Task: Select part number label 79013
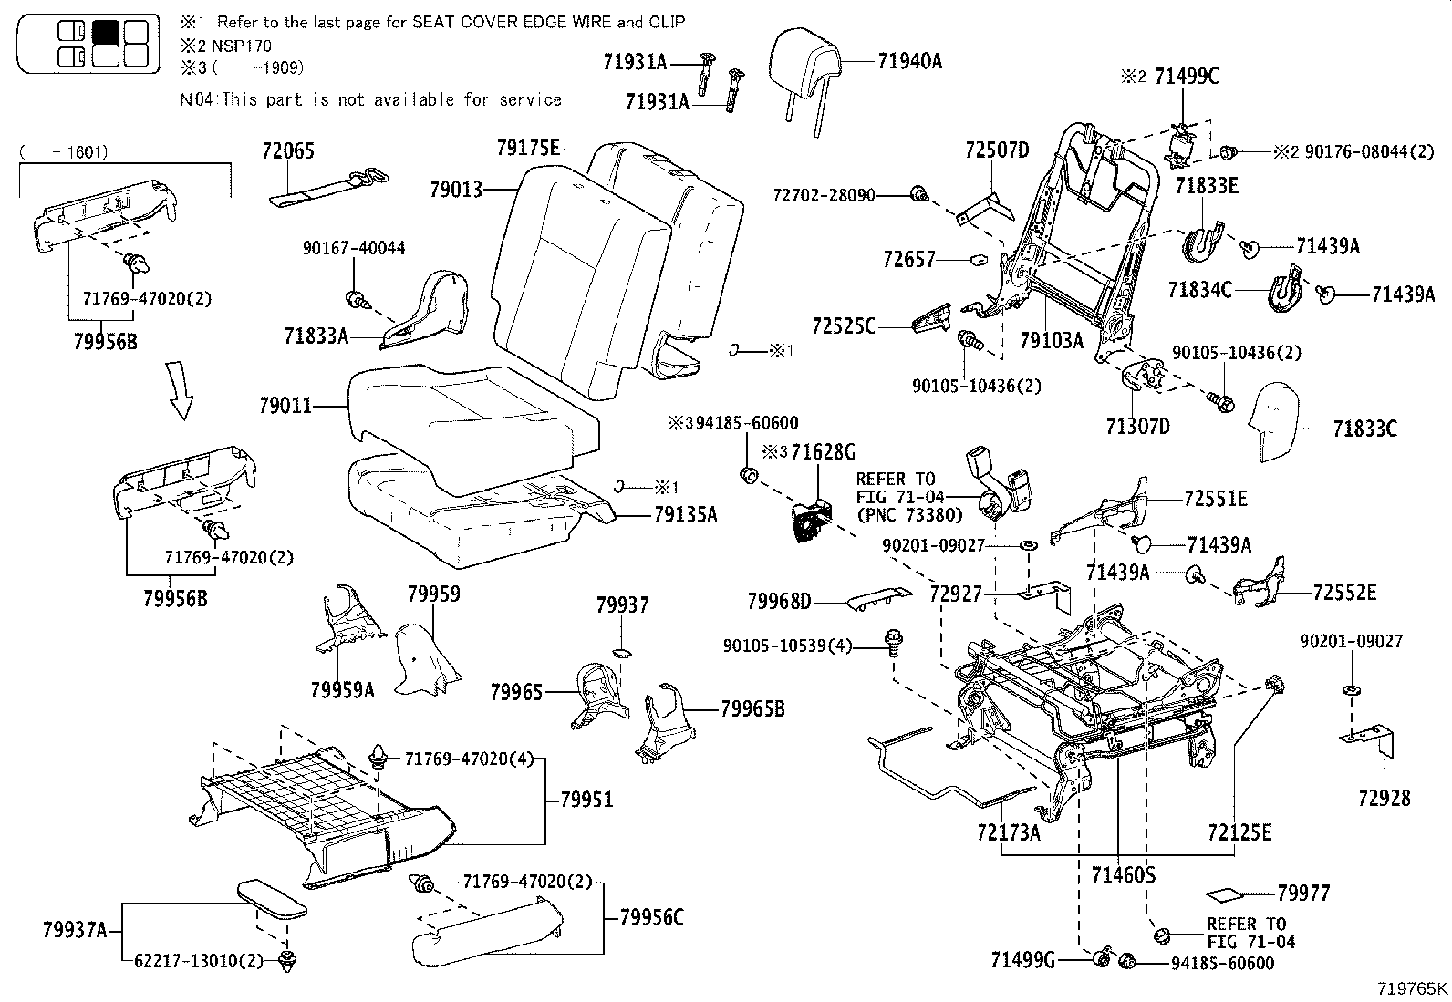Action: coord(456,190)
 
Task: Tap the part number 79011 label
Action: coord(285,406)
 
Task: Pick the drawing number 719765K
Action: coord(1413,988)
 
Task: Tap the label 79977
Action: coord(1303,894)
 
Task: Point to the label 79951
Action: coord(586,800)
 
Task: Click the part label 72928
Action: coord(1384,799)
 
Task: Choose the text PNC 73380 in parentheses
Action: coord(909,515)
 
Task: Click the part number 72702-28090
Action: coord(824,195)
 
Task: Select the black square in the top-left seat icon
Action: coord(106,31)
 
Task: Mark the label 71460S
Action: coord(1123,875)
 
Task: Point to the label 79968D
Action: coord(779,601)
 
